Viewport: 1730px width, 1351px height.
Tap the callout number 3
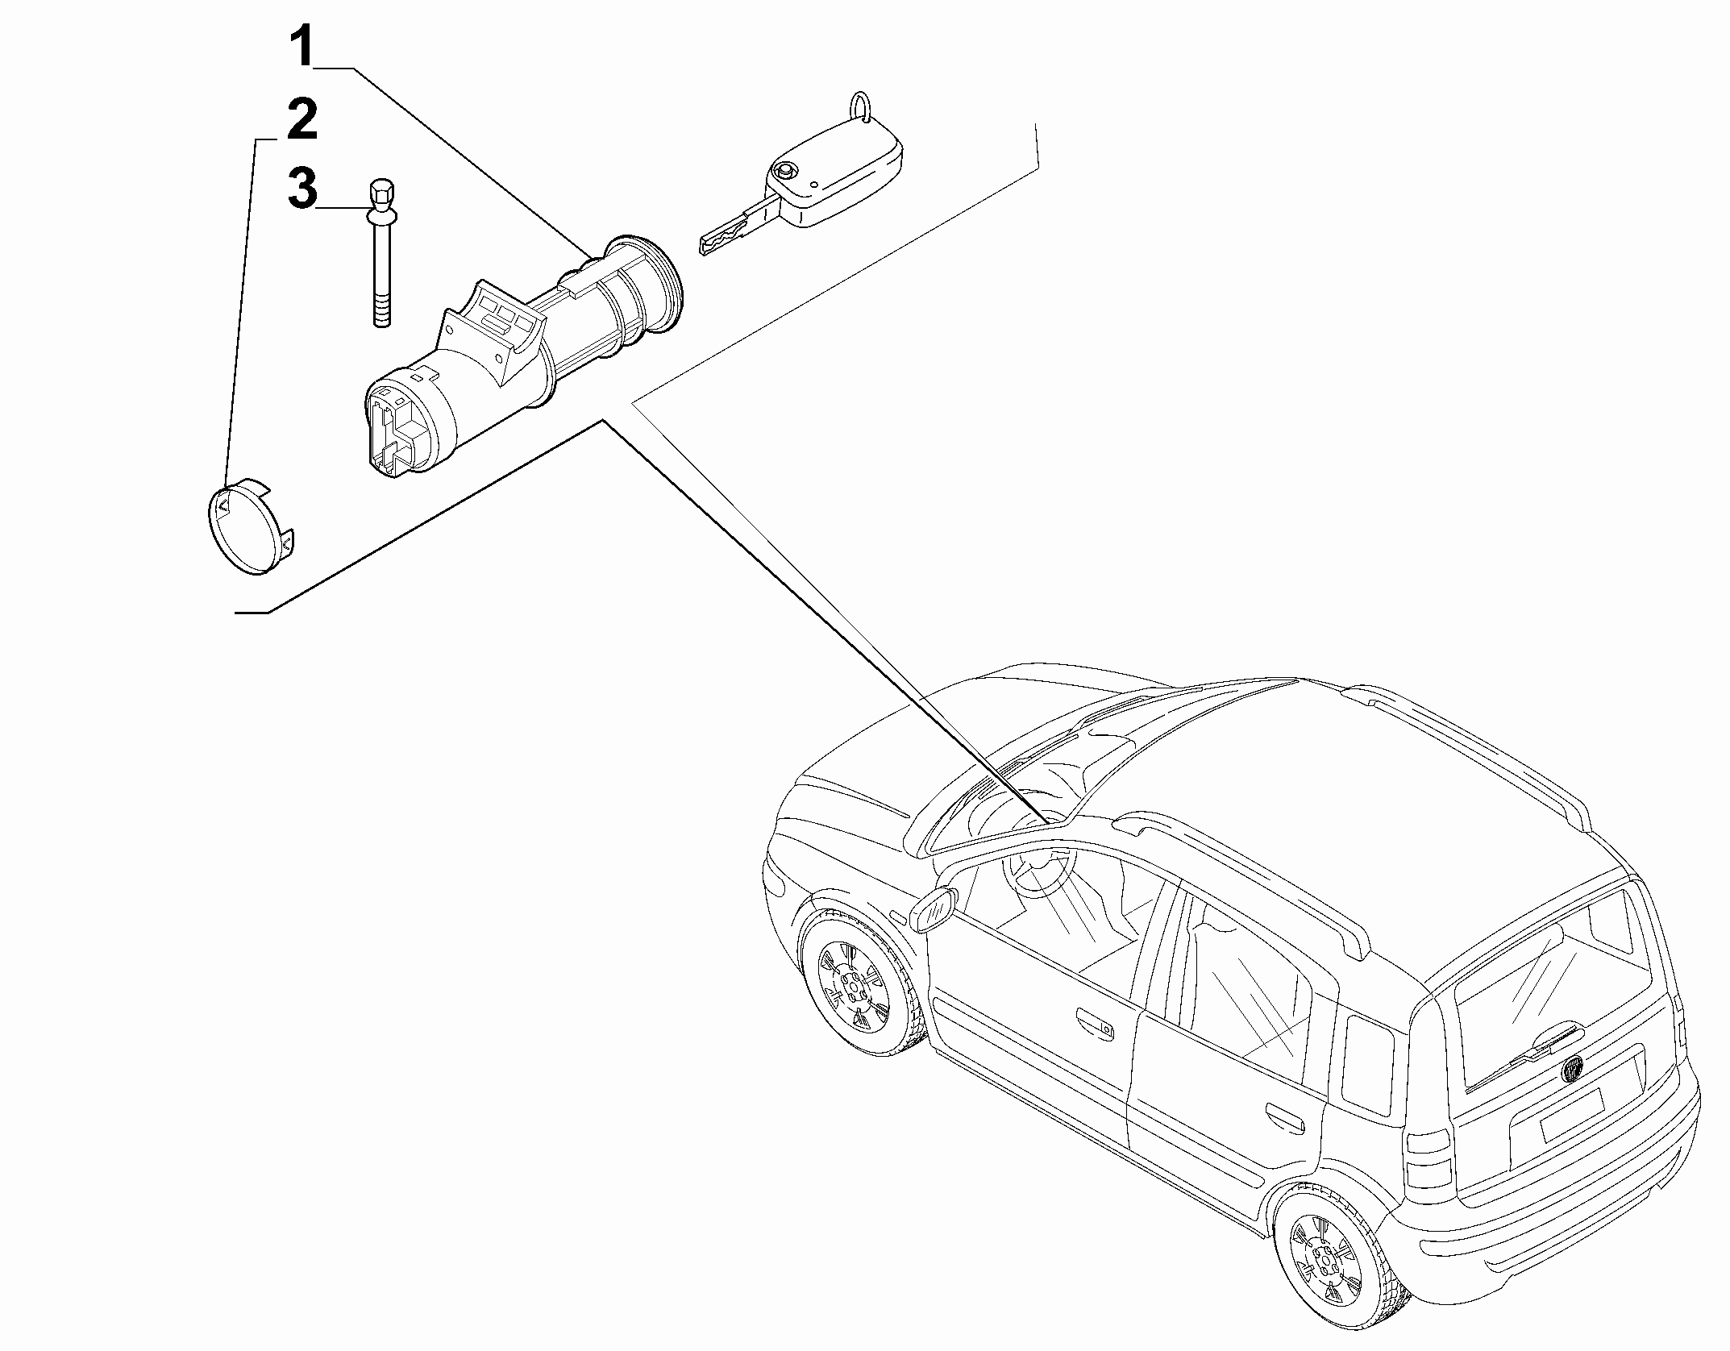pos(303,189)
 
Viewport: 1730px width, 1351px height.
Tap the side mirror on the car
pos(934,909)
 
